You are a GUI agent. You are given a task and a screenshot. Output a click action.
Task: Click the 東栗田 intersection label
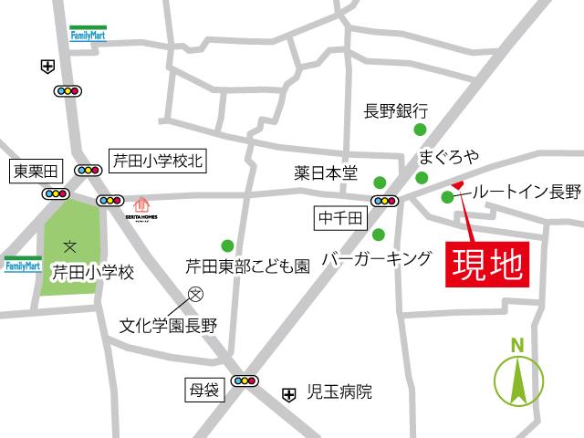point(33,171)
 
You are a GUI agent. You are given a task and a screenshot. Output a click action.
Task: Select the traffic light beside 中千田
point(384,201)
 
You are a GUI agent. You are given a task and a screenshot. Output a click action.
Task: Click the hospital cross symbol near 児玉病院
point(289,394)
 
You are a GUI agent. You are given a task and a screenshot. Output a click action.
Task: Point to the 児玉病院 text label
point(339,394)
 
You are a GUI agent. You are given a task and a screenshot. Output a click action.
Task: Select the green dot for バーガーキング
point(379,235)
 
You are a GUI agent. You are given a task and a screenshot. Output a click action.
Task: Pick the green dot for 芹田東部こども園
point(227,245)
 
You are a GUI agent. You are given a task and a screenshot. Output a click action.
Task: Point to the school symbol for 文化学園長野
point(194,294)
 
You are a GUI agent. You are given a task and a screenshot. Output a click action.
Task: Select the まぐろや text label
point(449,156)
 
